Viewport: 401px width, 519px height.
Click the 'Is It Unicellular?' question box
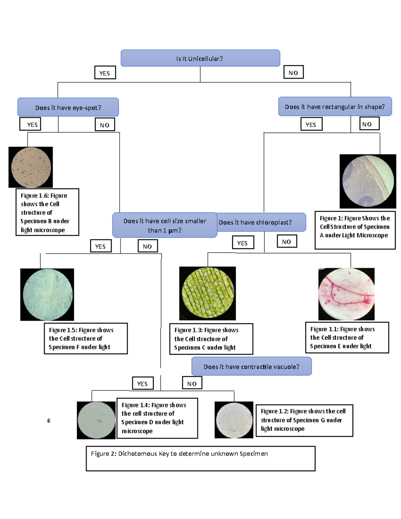(200, 58)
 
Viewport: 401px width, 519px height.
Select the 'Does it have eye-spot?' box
(68, 108)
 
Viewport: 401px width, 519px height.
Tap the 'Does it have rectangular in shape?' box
(335, 107)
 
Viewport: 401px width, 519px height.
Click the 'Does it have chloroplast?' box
(261, 222)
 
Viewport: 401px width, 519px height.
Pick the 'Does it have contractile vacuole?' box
(251, 367)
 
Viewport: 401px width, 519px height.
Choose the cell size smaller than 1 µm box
(165, 225)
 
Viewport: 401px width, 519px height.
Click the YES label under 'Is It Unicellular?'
(105, 73)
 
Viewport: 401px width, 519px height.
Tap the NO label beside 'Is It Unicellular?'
(293, 73)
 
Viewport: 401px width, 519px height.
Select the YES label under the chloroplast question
(243, 243)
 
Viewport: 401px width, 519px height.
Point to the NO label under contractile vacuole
(192, 383)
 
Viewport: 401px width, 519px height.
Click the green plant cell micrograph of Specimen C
(208, 293)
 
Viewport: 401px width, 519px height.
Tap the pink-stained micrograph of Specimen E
(347, 294)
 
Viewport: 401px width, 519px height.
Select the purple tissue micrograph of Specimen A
(368, 181)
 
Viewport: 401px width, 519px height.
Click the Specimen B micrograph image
(31, 167)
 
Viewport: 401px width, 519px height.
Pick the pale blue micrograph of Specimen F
(47, 294)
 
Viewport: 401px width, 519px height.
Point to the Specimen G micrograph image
(234, 420)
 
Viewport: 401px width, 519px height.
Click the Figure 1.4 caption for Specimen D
(157, 418)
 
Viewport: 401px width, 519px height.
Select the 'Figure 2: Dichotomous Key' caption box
(200, 458)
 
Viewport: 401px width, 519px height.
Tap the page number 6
(49, 421)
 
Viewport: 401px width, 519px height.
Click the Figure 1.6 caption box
(47, 212)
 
